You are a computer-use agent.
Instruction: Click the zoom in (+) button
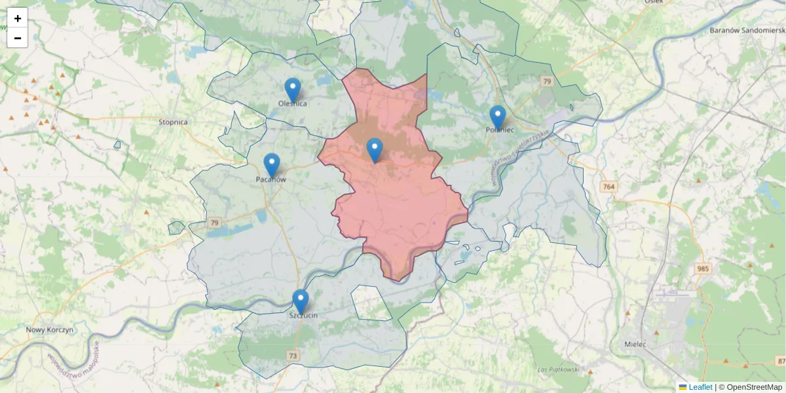(18, 18)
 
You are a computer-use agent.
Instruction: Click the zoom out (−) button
(18, 38)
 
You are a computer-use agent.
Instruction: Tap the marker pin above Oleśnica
(292, 90)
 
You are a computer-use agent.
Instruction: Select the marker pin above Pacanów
(271, 165)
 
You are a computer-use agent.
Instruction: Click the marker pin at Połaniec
(498, 117)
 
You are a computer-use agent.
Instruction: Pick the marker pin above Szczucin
(301, 301)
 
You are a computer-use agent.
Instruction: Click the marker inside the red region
(374, 150)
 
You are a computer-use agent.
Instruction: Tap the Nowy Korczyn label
(50, 329)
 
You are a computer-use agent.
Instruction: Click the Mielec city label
(635, 344)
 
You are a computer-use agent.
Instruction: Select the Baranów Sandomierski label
(747, 30)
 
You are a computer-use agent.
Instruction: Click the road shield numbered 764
(608, 187)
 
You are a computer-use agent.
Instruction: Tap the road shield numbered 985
(703, 269)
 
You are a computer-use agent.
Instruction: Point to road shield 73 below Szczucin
(293, 356)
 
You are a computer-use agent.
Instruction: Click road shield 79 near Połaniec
(547, 81)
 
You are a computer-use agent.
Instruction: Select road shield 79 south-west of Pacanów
(215, 223)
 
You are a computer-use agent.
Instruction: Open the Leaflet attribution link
(700, 387)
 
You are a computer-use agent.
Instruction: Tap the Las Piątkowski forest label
(558, 369)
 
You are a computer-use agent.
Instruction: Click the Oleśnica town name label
(292, 103)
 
